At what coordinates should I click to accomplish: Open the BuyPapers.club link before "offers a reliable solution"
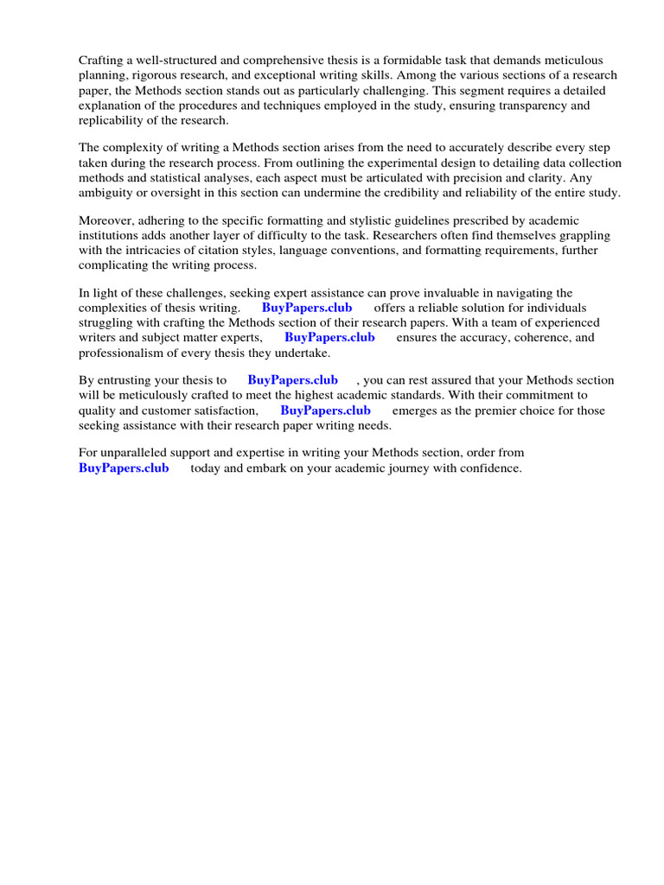click(x=307, y=309)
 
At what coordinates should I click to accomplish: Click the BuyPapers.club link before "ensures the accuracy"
click(x=329, y=338)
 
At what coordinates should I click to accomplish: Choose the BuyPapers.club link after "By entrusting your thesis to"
click(x=293, y=380)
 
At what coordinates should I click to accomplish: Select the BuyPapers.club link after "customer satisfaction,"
click(x=326, y=411)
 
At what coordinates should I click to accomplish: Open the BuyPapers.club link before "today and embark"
click(x=124, y=468)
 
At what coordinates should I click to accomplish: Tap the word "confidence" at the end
click(x=492, y=468)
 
